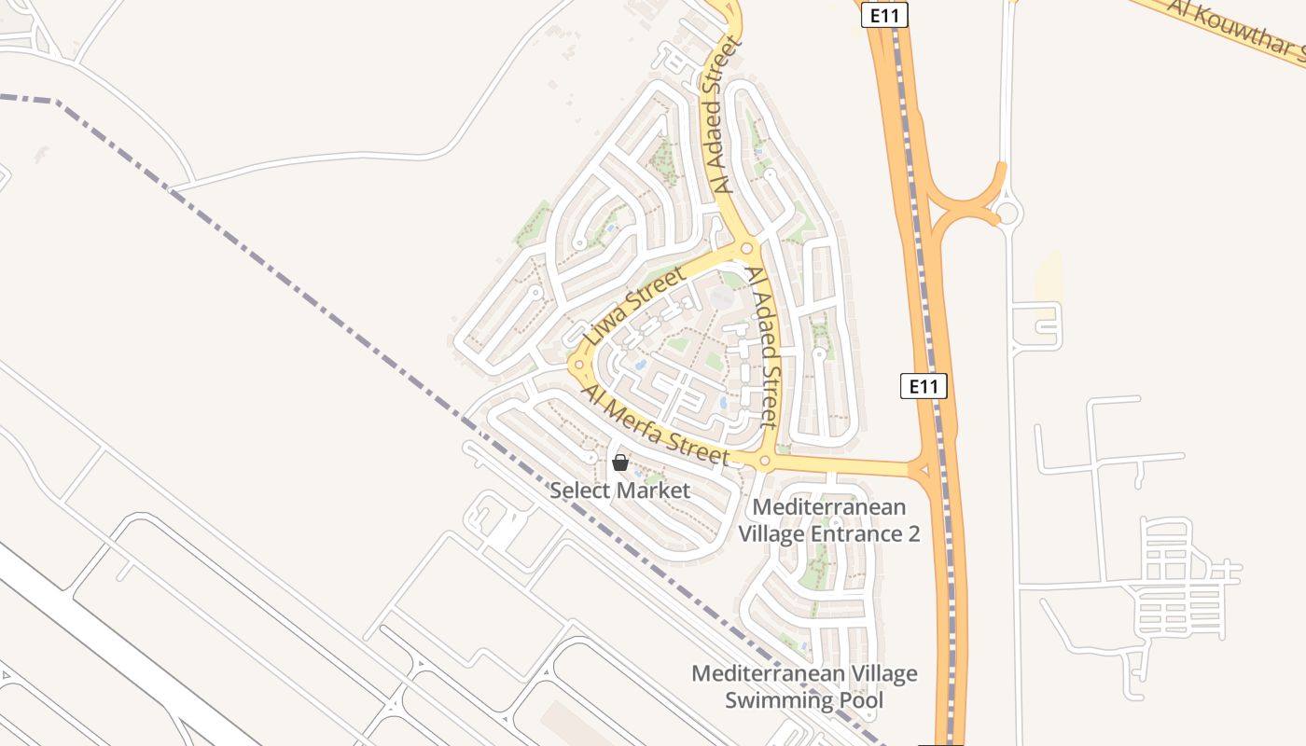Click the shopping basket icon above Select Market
619,462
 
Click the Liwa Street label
634,305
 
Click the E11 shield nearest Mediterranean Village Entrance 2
924,386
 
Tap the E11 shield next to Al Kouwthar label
884,15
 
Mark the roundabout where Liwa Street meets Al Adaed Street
745,248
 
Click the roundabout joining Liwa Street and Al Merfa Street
578,364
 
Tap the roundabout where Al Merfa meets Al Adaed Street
764,461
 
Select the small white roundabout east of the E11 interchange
1007,214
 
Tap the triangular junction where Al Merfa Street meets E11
924,470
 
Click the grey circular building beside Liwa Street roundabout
721,297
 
